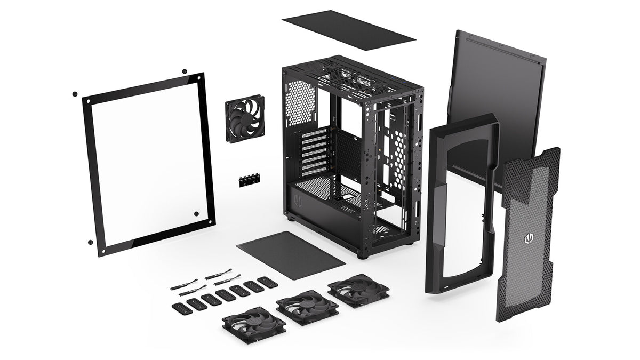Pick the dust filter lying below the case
[291, 254]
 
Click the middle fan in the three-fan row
[307, 307]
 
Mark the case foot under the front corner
[363, 254]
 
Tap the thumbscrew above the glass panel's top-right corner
[185, 71]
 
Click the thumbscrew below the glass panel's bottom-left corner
[90, 242]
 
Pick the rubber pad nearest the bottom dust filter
[267, 281]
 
